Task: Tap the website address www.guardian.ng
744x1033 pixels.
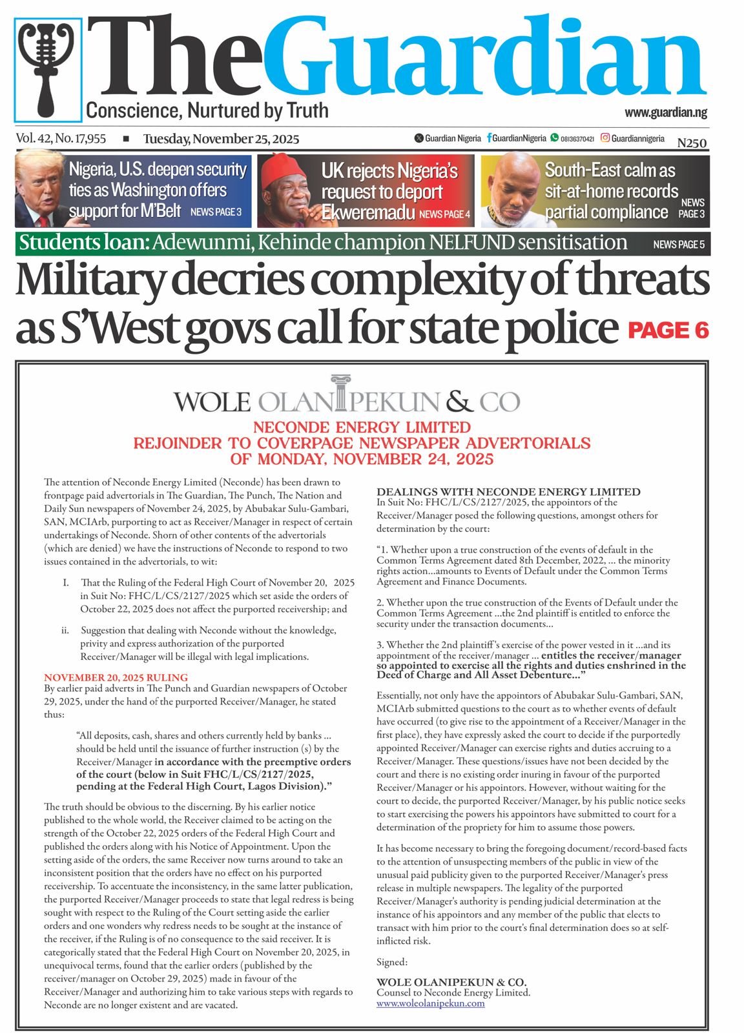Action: [x=665, y=112]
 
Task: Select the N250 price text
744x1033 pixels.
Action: [x=692, y=143]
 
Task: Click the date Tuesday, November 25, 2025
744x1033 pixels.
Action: [x=221, y=139]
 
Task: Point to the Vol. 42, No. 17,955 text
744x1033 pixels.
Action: [x=61, y=139]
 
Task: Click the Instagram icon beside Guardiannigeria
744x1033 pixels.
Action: [x=605, y=138]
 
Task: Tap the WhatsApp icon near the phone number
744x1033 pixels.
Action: [x=554, y=138]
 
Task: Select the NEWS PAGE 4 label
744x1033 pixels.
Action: [x=444, y=214]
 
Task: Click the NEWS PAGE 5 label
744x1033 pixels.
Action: [x=678, y=245]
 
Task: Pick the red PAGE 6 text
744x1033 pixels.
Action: [x=668, y=331]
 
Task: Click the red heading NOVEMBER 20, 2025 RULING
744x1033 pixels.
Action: [x=116, y=677]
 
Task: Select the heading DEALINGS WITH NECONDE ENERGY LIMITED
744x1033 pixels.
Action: [x=508, y=492]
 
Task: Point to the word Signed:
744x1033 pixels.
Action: [x=392, y=962]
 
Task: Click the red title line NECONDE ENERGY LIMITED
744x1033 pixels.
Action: [x=362, y=427]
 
